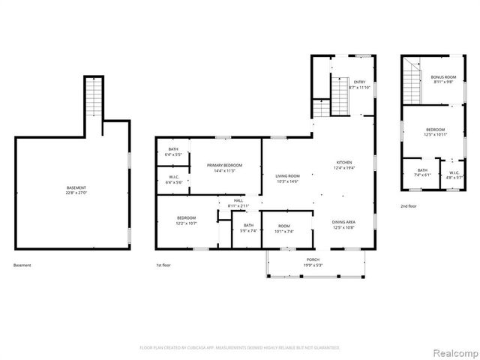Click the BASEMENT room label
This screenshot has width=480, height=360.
click(76, 187)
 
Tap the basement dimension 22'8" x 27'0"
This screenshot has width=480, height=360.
click(76, 193)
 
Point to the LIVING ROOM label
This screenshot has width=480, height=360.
click(287, 175)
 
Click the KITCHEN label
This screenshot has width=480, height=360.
click(343, 162)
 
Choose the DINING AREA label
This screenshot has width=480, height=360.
click(343, 222)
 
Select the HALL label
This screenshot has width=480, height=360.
click(238, 200)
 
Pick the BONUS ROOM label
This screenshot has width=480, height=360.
click(443, 77)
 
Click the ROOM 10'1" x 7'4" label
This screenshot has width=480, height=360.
click(285, 226)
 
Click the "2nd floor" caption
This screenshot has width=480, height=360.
click(409, 205)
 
